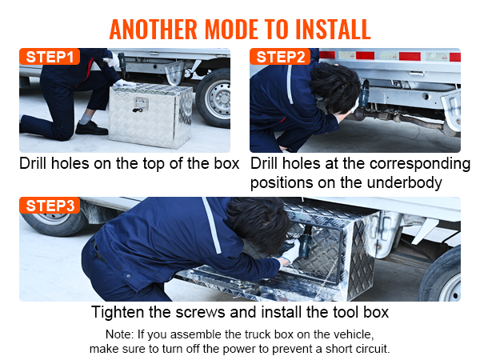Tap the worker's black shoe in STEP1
coord(90,128)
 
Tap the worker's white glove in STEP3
coord(289,254)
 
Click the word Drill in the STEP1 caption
coord(37,163)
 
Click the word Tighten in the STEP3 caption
coord(119,311)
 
